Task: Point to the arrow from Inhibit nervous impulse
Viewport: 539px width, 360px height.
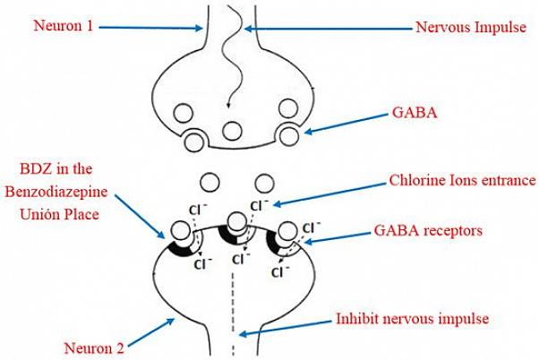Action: (286, 326)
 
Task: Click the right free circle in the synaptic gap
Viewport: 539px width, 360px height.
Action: (264, 182)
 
